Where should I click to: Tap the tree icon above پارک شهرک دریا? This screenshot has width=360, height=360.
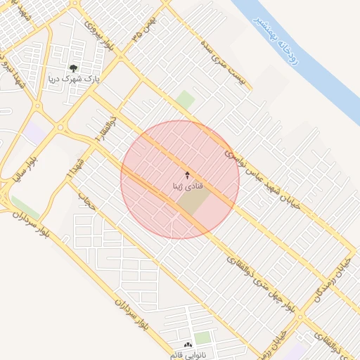pyautogui.click(x=73, y=68)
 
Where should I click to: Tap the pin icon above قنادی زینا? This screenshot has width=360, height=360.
pyautogui.click(x=187, y=174)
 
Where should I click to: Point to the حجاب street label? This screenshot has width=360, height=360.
pyautogui.click(x=89, y=202)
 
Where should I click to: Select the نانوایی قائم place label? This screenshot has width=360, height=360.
pyautogui.click(x=182, y=354)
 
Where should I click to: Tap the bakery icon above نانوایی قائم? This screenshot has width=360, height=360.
pyautogui.click(x=188, y=344)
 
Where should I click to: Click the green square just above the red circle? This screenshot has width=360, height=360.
pyautogui.click(x=185, y=100)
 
